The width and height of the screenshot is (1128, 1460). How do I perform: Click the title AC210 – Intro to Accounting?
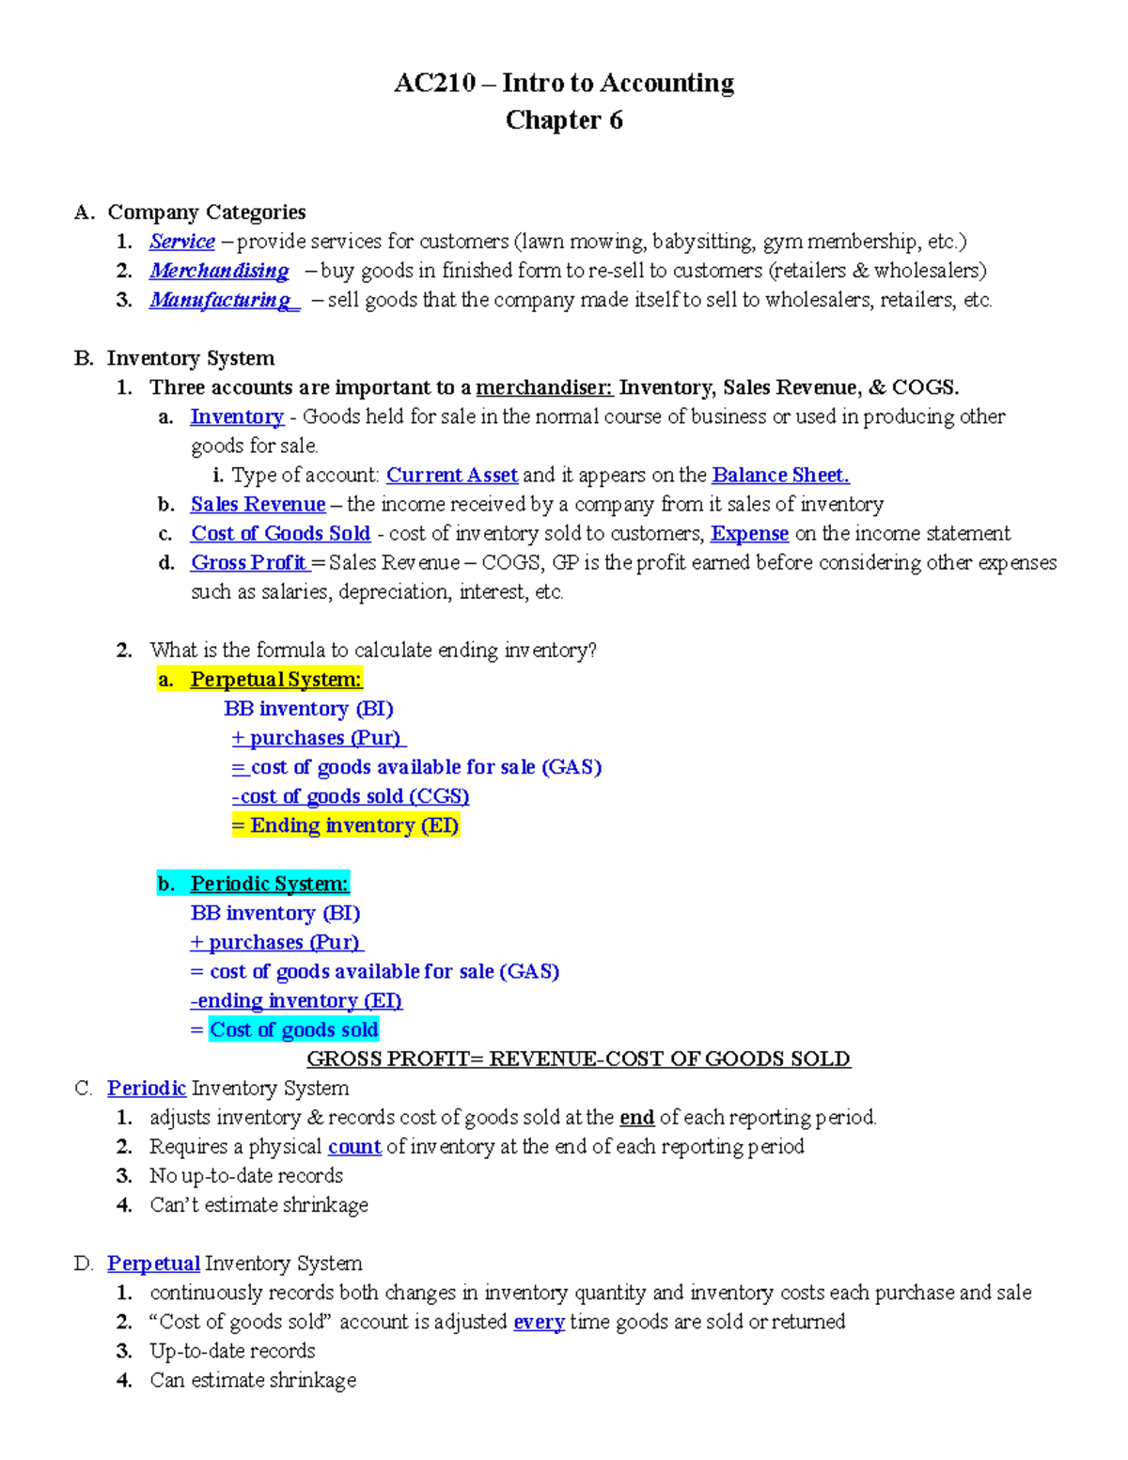tap(564, 83)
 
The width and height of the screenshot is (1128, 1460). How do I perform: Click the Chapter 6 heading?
tap(564, 120)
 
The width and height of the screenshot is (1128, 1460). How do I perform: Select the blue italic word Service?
tap(181, 242)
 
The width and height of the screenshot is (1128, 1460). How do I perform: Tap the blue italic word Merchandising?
tap(219, 271)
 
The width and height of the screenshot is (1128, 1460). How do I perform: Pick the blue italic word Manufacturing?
tap(222, 300)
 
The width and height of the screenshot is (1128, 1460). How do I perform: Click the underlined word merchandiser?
tap(544, 387)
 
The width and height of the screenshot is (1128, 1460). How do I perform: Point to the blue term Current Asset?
tap(452, 475)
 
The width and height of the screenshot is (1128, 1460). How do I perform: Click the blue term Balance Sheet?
tap(780, 475)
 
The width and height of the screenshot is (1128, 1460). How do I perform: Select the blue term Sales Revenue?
tap(258, 504)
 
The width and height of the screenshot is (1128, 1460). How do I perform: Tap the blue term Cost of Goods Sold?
tap(280, 533)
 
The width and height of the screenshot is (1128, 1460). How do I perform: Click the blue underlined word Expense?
tap(749, 533)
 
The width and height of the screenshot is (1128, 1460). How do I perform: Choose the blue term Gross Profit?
tap(249, 562)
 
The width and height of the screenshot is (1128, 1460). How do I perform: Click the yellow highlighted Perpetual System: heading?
tap(275, 679)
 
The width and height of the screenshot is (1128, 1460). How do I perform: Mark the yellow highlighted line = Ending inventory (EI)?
tap(345, 825)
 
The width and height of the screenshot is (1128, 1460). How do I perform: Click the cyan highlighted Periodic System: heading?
tap(269, 884)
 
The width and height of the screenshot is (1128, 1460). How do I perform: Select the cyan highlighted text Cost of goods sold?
tap(293, 1029)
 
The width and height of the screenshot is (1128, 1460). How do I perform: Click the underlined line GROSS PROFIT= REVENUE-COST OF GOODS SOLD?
tap(578, 1059)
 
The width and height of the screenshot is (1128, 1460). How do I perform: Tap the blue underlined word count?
tap(354, 1146)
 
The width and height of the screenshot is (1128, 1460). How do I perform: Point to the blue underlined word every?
tap(539, 1322)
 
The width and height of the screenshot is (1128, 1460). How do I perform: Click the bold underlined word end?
tap(636, 1117)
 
